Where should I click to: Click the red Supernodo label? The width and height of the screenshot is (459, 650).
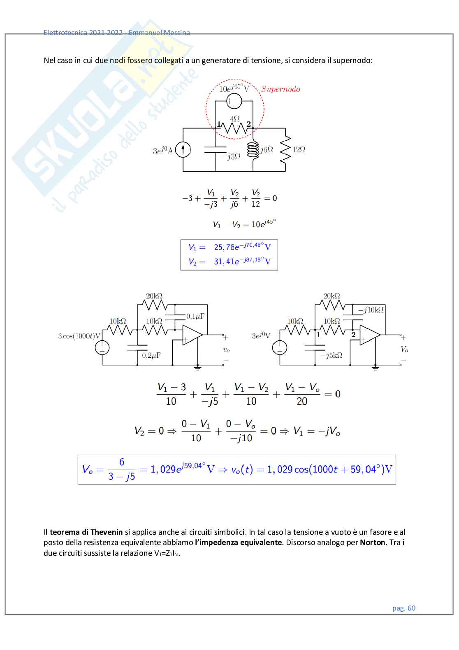pyautogui.click(x=280, y=89)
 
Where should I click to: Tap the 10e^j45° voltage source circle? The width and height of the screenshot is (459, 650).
pyautogui.click(x=234, y=101)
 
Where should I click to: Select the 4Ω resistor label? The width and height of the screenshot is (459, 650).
pyautogui.click(x=234, y=119)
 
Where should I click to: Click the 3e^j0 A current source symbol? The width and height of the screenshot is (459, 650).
pyautogui.click(x=183, y=149)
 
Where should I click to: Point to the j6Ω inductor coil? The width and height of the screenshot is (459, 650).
pyautogui.click(x=253, y=150)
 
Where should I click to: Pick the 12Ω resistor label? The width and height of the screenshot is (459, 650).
pyautogui.click(x=299, y=150)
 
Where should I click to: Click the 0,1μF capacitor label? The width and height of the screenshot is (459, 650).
pyautogui.click(x=195, y=317)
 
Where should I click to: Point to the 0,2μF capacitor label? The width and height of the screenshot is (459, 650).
pyautogui.click(x=151, y=355)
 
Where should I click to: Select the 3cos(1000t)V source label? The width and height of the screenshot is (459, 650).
pyautogui.click(x=79, y=336)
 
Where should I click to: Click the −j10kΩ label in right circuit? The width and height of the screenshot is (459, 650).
pyautogui.click(x=371, y=310)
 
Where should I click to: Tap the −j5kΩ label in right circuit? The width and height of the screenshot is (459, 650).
pyautogui.click(x=331, y=355)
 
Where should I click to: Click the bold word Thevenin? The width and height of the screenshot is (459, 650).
pyautogui.click(x=107, y=532)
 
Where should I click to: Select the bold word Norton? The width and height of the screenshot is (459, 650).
pyautogui.click(x=373, y=543)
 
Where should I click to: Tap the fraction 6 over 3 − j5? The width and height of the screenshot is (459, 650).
pyautogui.click(x=121, y=469)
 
